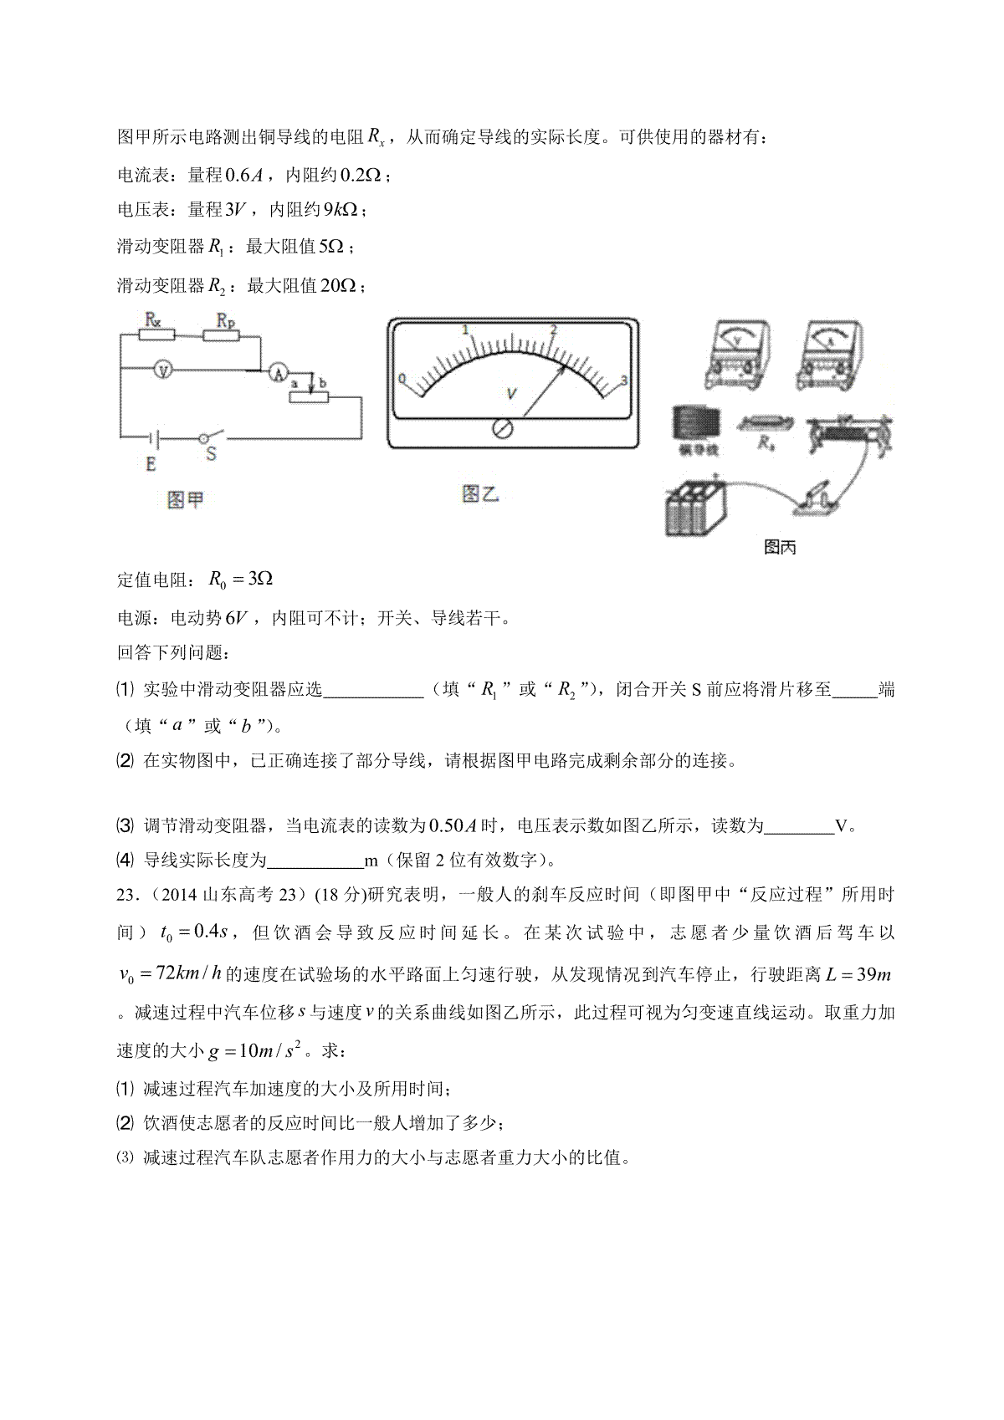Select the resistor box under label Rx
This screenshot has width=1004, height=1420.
point(156,335)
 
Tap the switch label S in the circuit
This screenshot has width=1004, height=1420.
point(211,454)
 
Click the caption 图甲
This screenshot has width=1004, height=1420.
point(185,500)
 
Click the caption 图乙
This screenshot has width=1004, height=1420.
point(480,494)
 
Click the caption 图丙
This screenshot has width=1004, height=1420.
point(780,548)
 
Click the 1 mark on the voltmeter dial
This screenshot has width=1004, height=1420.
point(466,330)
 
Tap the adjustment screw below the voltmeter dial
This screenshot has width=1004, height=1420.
point(505,428)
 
